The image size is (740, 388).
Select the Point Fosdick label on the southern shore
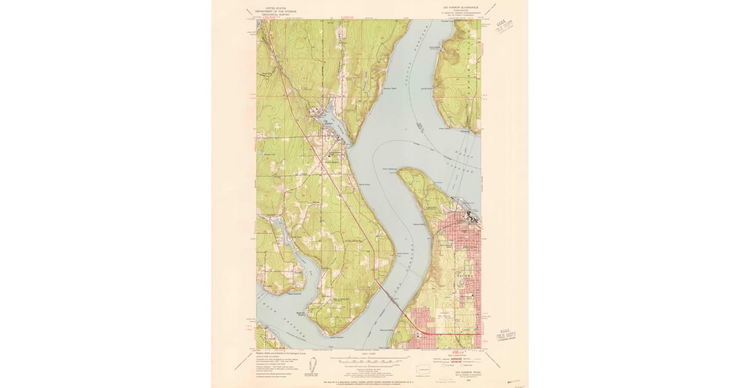coord(336,337)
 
